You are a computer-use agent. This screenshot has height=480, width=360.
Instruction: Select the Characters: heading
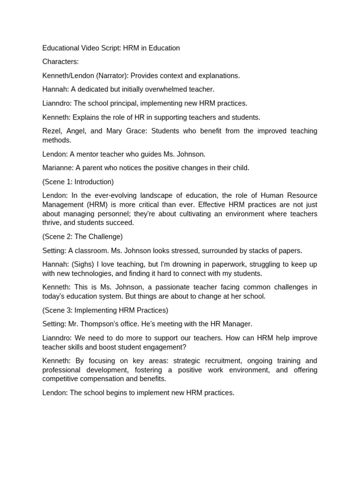(x=60, y=62)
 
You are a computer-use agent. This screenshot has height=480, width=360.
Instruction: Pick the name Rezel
(x=52, y=131)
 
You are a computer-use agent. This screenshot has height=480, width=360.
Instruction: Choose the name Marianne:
(x=58, y=168)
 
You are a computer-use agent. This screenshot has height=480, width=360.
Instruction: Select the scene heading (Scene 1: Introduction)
(x=78, y=181)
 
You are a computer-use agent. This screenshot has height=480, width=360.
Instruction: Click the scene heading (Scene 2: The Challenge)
(x=82, y=237)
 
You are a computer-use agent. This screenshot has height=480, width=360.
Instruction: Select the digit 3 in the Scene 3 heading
(x=70, y=310)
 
